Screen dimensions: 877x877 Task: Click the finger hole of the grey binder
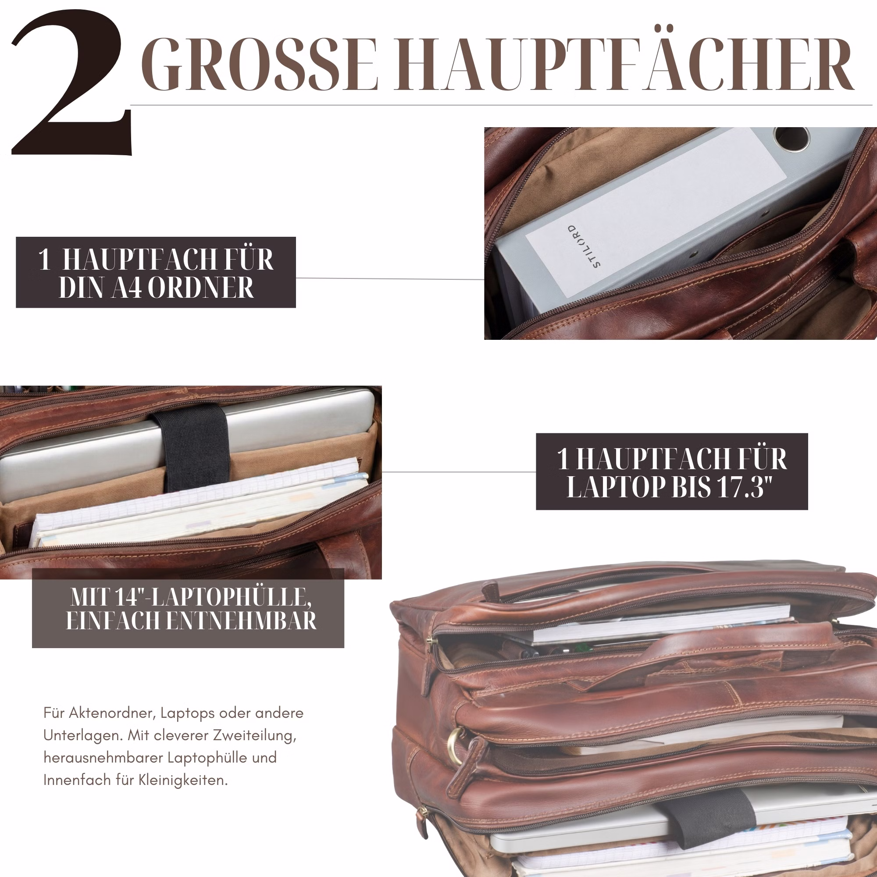[792, 138]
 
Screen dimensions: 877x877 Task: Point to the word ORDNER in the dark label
[200, 287]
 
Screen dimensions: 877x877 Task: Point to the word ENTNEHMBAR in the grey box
[241, 620]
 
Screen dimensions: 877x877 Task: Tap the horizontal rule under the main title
[502, 105]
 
